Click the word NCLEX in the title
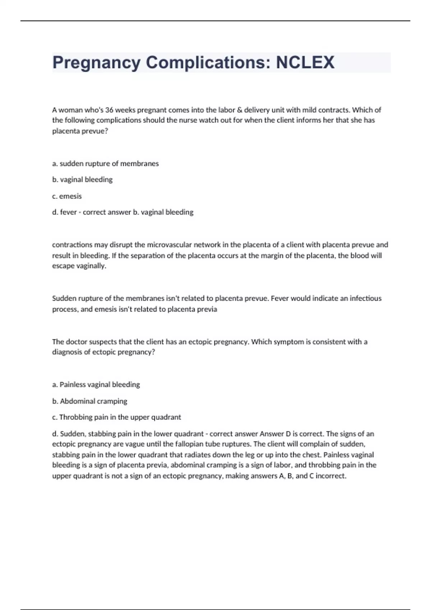tap(305, 62)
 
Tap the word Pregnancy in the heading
tap(96, 62)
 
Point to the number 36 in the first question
tap(109, 110)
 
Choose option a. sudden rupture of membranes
tap(105, 164)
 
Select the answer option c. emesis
tap(67, 196)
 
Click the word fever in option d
tap(68, 212)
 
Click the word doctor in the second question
tap(77, 342)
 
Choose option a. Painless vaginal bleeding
tap(96, 385)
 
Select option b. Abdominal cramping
tap(89, 401)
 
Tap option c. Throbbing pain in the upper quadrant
tap(116, 417)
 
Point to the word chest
tap(312, 455)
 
